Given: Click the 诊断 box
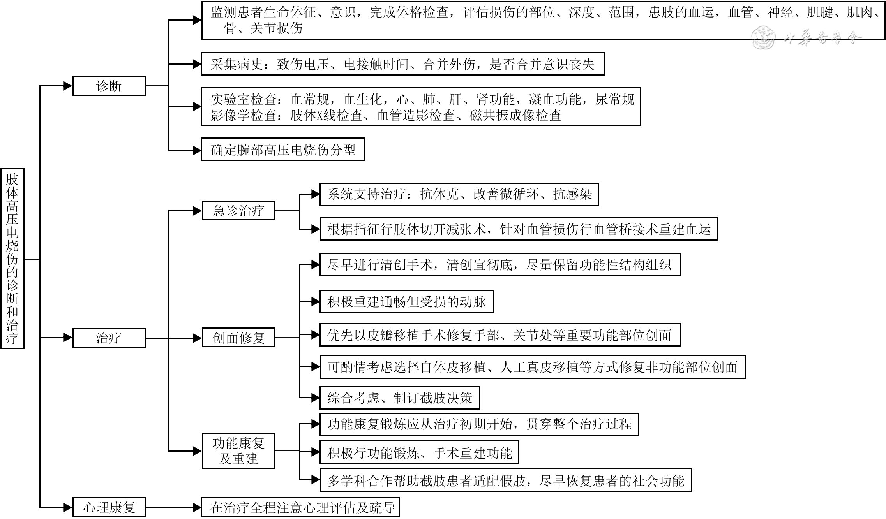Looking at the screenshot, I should tap(109, 86).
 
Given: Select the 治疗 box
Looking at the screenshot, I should tap(109, 338).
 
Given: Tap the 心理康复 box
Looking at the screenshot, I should tap(109, 507).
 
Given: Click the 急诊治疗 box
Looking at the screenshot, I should tap(238, 211).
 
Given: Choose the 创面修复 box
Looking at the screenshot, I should tap(238, 338).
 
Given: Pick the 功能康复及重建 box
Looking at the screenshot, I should tap(238, 450).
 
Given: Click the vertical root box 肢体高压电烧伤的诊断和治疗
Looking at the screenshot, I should tap(12, 258).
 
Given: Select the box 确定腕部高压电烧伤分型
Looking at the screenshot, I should tap(283, 150).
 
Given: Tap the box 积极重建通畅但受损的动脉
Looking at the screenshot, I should tap(406, 302).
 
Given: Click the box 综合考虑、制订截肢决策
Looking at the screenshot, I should tap(399, 398).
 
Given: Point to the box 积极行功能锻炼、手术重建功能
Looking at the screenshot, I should tap(419, 452).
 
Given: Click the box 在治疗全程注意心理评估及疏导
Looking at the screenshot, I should tap(300, 507).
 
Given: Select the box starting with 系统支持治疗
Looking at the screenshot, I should tap(459, 194).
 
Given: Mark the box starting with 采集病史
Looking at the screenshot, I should tap(402, 64).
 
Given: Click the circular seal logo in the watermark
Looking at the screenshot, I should tap(763, 38).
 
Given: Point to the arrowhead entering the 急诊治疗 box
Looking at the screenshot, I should tap(197, 211).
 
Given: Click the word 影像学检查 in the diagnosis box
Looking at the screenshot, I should tap(244, 116).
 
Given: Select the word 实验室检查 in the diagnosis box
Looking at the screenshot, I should tap(244, 99).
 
